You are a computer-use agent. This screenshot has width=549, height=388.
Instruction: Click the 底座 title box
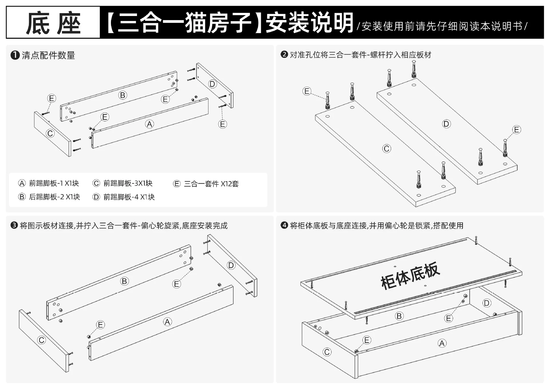point(53,22)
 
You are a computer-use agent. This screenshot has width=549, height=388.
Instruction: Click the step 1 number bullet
point(15,55)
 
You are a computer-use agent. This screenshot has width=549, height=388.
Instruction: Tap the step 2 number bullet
point(284,54)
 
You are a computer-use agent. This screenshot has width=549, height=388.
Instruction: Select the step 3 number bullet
point(14,225)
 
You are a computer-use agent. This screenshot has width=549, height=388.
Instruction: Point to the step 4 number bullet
point(284,225)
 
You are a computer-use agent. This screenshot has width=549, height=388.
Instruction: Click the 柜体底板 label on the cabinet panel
point(410,276)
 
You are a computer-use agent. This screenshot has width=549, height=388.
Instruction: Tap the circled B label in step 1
point(123,95)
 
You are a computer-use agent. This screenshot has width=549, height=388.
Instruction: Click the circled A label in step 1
point(150,124)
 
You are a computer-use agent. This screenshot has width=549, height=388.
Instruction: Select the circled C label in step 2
point(387,149)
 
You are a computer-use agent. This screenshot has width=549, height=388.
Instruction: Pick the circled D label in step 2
point(446,124)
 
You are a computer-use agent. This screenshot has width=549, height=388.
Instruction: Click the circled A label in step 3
point(167,322)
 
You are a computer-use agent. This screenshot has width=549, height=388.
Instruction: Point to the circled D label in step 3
point(231,265)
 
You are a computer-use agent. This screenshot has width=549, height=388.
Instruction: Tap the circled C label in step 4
point(327,352)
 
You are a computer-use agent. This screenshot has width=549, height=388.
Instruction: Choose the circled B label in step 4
point(399,316)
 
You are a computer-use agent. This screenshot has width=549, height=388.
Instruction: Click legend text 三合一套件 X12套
point(211,184)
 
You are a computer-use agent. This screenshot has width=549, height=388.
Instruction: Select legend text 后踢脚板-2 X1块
point(54,197)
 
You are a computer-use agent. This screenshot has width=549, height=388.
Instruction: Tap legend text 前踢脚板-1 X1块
point(54,183)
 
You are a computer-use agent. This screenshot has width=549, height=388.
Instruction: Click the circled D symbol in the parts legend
point(96,197)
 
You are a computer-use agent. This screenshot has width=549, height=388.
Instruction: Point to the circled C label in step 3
point(42,340)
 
